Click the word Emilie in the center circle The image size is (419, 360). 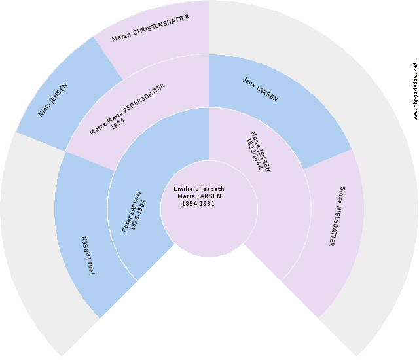click(x=184, y=189)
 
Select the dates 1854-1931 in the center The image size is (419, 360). click(x=198, y=204)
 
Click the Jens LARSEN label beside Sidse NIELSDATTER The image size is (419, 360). click(x=261, y=90)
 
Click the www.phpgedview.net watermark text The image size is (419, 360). click(x=415, y=92)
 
